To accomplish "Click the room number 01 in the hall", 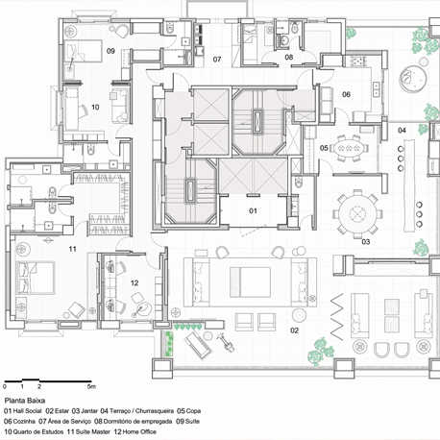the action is point(253,210).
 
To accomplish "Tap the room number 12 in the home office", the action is point(134,282).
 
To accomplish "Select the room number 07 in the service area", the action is point(217,60).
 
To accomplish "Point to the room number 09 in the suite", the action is point(110,51).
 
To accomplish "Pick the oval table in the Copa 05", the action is point(349,148).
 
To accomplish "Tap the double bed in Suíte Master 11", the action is point(36,278).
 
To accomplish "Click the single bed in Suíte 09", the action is point(84,51).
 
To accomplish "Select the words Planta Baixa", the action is point(25,401).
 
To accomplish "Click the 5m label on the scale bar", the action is point(91,386).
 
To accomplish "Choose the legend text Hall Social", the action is point(27,411).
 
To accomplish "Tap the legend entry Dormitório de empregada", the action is point(137,422).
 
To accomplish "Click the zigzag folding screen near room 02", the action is point(337,316).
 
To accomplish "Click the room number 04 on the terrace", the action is point(402,130).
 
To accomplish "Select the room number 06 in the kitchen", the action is point(346,94).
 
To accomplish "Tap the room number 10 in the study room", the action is point(95,107).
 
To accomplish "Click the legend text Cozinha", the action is point(24,422).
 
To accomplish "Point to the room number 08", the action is point(289,57).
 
